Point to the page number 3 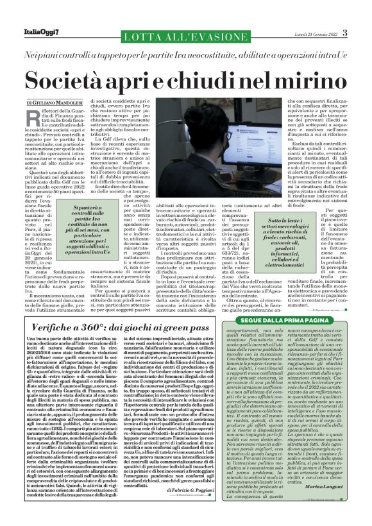[345, 33]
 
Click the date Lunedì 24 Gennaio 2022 [313, 33]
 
